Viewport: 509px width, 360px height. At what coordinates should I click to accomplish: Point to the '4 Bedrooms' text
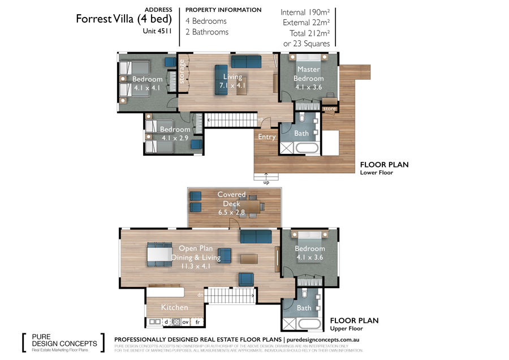point(206,22)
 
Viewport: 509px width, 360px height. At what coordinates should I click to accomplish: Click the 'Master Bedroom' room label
point(309,74)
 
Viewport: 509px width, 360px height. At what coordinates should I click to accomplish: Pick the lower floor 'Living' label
point(232,77)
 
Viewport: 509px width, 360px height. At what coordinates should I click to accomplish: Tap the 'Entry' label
point(267,137)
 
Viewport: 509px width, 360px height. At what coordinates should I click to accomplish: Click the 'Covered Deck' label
point(231,199)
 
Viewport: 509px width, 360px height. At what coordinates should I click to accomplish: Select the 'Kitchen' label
point(175,307)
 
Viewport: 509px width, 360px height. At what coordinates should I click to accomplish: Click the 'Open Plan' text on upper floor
point(196,248)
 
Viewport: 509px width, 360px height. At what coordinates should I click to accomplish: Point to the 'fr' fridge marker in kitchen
point(197,322)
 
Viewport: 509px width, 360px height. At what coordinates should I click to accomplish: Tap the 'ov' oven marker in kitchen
point(185,322)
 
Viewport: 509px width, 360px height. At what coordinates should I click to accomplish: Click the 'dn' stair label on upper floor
point(200,294)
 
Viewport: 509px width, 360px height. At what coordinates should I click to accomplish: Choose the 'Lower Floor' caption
point(377,173)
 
